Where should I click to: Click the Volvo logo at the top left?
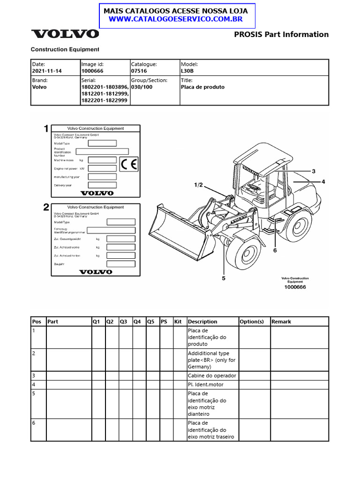click(65, 34)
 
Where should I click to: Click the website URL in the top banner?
click(175, 19)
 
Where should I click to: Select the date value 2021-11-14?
click(47, 71)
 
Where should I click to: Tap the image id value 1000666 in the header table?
click(92, 71)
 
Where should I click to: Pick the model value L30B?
click(187, 71)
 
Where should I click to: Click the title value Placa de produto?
click(202, 87)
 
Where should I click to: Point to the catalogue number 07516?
click(139, 71)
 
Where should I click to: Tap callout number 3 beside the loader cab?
click(314, 171)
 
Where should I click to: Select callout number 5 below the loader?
click(224, 278)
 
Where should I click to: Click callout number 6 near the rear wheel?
click(275, 250)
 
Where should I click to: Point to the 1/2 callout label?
click(198, 185)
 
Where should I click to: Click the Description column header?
click(202, 322)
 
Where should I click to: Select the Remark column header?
click(281, 322)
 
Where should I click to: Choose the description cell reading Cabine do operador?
click(212, 375)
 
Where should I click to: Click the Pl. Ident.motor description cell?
click(206, 384)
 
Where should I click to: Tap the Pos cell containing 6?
click(34, 423)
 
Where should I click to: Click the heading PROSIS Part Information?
click(281, 34)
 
